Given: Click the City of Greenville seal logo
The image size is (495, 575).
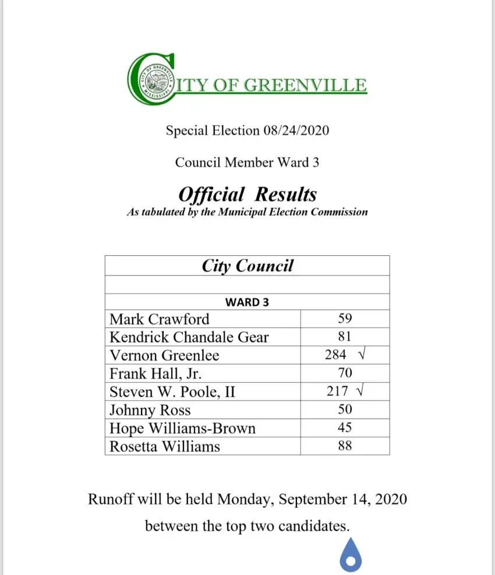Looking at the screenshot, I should [153, 79].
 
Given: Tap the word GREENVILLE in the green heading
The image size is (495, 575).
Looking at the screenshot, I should [305, 85].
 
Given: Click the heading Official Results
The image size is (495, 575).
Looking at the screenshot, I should [248, 194].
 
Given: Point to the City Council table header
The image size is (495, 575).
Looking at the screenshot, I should [248, 266].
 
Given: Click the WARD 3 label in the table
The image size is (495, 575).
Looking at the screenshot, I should [247, 302].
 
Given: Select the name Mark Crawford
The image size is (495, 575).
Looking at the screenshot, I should [159, 319].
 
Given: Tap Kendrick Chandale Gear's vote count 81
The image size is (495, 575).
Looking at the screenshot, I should [345, 337].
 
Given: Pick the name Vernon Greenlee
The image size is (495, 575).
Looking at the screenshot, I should [164, 355].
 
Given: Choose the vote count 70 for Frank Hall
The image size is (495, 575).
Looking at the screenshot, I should [345, 373].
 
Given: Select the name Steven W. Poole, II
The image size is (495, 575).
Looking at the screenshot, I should [172, 391].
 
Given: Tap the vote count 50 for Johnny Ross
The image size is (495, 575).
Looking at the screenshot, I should [345, 410].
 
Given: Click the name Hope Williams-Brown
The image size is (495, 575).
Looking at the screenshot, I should [182, 428].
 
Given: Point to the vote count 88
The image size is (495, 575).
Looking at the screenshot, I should [345, 446].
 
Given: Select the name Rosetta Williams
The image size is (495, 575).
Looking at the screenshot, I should [165, 446].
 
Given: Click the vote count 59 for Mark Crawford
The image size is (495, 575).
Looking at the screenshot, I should [345, 319].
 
